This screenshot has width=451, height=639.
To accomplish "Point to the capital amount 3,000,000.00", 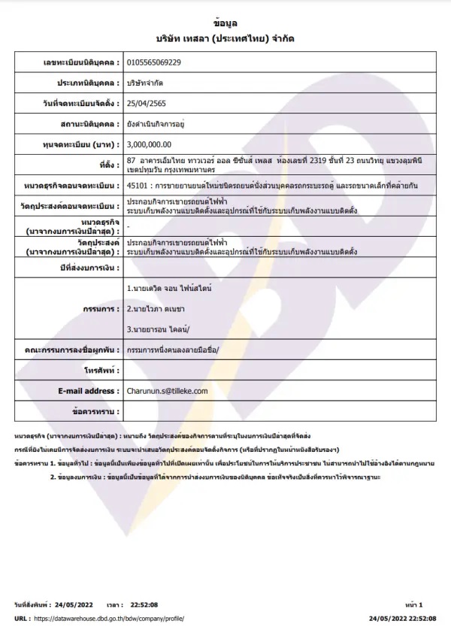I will (150, 143).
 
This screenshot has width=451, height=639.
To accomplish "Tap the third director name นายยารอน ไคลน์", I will (158, 329).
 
